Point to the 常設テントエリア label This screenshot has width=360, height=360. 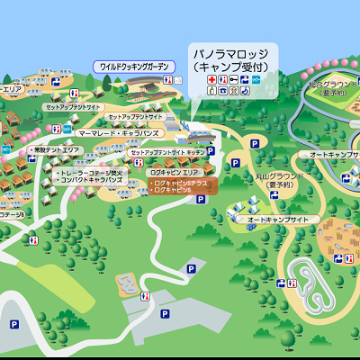[55, 150]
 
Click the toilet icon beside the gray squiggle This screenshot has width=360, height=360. [146, 293]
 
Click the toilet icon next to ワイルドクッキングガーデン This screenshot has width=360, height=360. [56, 81]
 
